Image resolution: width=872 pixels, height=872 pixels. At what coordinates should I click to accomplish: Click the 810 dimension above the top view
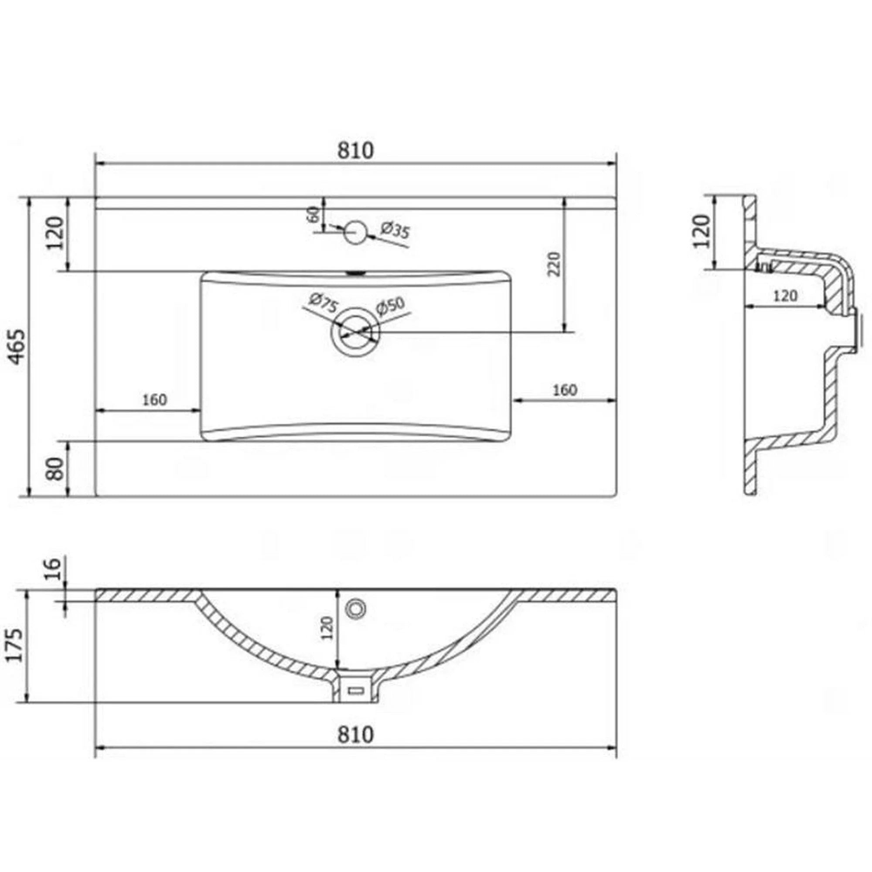click(356, 150)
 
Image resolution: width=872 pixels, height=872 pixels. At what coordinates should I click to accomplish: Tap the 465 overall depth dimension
click(17, 347)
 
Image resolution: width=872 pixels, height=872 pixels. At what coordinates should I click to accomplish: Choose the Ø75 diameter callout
click(322, 303)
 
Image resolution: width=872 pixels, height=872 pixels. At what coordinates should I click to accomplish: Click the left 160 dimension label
click(154, 400)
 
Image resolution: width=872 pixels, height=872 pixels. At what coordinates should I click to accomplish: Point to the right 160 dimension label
click(565, 389)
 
